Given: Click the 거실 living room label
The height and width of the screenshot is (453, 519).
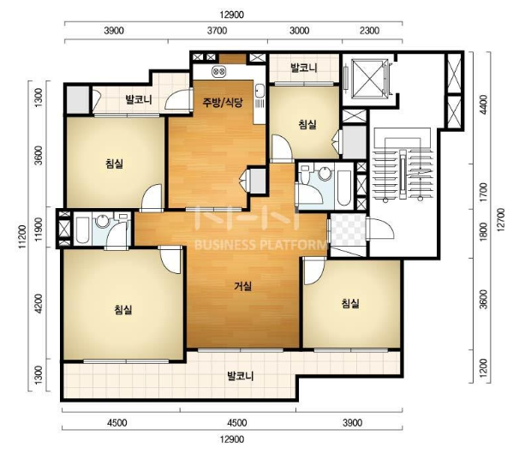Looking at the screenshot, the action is tap(243, 286).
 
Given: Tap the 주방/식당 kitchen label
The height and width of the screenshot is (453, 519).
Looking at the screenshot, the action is tap(223, 102).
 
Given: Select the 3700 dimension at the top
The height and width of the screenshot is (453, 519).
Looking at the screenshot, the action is tap(218, 31).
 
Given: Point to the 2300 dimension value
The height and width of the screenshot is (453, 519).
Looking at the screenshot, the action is tap(369, 31).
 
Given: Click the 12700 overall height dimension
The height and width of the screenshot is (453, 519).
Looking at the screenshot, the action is tap(502, 219).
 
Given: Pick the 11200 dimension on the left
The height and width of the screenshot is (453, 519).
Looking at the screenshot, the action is tap(22, 236).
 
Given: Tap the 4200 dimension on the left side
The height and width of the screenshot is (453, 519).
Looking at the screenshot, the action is tap(39, 303).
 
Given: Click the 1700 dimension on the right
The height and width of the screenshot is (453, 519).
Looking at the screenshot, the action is tap(483, 192).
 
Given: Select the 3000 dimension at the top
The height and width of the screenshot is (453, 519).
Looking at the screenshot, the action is tap(299, 31).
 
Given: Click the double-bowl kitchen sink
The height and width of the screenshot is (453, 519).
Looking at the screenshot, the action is tap(218, 71).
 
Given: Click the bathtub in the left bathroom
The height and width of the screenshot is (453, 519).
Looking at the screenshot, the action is tap(82, 230).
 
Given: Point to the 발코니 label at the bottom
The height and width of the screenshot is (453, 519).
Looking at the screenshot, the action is tap(241, 376).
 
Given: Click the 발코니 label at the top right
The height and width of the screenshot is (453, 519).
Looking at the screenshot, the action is tap(304, 68).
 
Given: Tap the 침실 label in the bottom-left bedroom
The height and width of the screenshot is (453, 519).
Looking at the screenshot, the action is tap(123, 310).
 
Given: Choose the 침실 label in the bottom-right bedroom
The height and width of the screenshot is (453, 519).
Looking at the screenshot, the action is tap(350, 303).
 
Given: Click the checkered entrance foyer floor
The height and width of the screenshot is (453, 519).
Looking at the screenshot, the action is tap(348, 229).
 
